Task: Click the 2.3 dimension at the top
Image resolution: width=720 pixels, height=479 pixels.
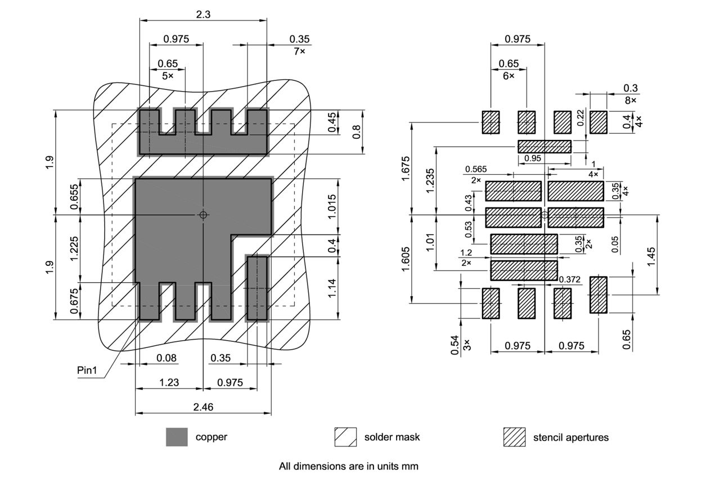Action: click(203, 15)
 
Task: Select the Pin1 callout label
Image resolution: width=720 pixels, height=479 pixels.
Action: click(87, 370)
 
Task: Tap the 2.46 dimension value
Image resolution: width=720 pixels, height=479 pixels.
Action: click(203, 407)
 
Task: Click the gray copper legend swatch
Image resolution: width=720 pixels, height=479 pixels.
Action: click(177, 437)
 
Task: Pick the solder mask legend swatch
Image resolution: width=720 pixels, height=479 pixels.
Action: click(345, 437)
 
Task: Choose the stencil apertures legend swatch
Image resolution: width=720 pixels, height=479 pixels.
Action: click(514, 437)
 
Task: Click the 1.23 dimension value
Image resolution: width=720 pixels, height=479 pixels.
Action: click(169, 382)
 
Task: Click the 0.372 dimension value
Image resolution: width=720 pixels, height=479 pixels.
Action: click(570, 279)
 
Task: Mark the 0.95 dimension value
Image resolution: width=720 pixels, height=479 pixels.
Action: click(533, 159)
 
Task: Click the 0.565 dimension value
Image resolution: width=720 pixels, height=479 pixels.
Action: click(476, 170)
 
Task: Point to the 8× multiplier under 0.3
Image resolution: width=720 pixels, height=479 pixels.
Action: click(631, 100)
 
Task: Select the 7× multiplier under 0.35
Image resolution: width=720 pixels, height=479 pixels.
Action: click(299, 51)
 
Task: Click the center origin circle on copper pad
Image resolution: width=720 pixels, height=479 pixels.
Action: click(203, 215)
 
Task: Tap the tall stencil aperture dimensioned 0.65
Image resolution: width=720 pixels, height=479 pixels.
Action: click(598, 295)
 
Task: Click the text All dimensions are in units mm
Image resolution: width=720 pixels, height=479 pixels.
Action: click(349, 466)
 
